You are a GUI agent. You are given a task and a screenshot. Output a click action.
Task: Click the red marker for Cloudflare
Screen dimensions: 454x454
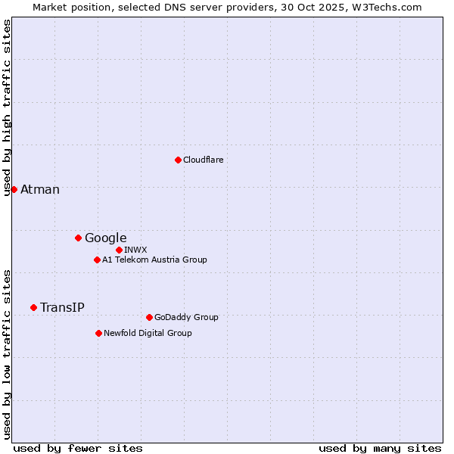pyautogui.click(x=178, y=160)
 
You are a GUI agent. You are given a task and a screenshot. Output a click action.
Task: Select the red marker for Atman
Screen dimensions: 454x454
pyautogui.click(x=14, y=189)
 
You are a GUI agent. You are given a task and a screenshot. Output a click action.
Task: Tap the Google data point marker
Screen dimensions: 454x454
pyautogui.click(x=78, y=238)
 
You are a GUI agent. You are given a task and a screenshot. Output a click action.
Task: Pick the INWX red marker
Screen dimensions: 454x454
pyautogui.click(x=119, y=250)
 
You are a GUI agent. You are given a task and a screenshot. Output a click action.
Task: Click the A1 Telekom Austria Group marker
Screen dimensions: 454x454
pyautogui.click(x=97, y=260)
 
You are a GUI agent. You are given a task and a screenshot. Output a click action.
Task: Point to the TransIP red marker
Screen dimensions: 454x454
pyautogui.click(x=33, y=307)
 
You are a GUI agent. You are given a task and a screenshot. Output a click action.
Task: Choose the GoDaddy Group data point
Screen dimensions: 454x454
pyautogui.click(x=149, y=317)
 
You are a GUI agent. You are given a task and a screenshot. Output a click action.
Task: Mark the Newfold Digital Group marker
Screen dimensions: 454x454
pyautogui.click(x=98, y=333)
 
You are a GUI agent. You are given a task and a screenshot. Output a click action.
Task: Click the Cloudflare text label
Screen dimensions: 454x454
pyautogui.click(x=203, y=160)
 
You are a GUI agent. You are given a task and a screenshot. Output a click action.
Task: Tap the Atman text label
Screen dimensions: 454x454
pyautogui.click(x=40, y=189)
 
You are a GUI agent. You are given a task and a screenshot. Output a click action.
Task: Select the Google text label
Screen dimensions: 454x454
pyautogui.click(x=105, y=238)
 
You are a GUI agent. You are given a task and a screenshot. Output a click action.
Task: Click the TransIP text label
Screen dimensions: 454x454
pyautogui.click(x=62, y=307)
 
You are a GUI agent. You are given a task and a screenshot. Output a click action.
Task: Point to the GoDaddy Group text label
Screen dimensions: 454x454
pyautogui.click(x=186, y=317)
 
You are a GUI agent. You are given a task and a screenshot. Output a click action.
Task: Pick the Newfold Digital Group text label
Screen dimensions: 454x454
pyautogui.click(x=148, y=333)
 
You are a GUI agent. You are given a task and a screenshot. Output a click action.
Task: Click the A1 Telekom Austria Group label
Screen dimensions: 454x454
pyautogui.click(x=154, y=260)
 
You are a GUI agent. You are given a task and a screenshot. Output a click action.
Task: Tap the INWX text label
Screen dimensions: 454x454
pyautogui.click(x=135, y=250)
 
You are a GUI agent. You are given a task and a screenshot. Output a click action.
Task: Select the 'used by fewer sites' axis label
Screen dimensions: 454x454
pyautogui.click(x=78, y=448)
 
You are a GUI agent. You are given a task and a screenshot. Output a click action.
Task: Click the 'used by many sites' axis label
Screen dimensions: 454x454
pyautogui.click(x=380, y=448)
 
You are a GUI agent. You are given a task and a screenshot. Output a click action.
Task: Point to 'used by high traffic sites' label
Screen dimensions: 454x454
pyautogui.click(x=7, y=107)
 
